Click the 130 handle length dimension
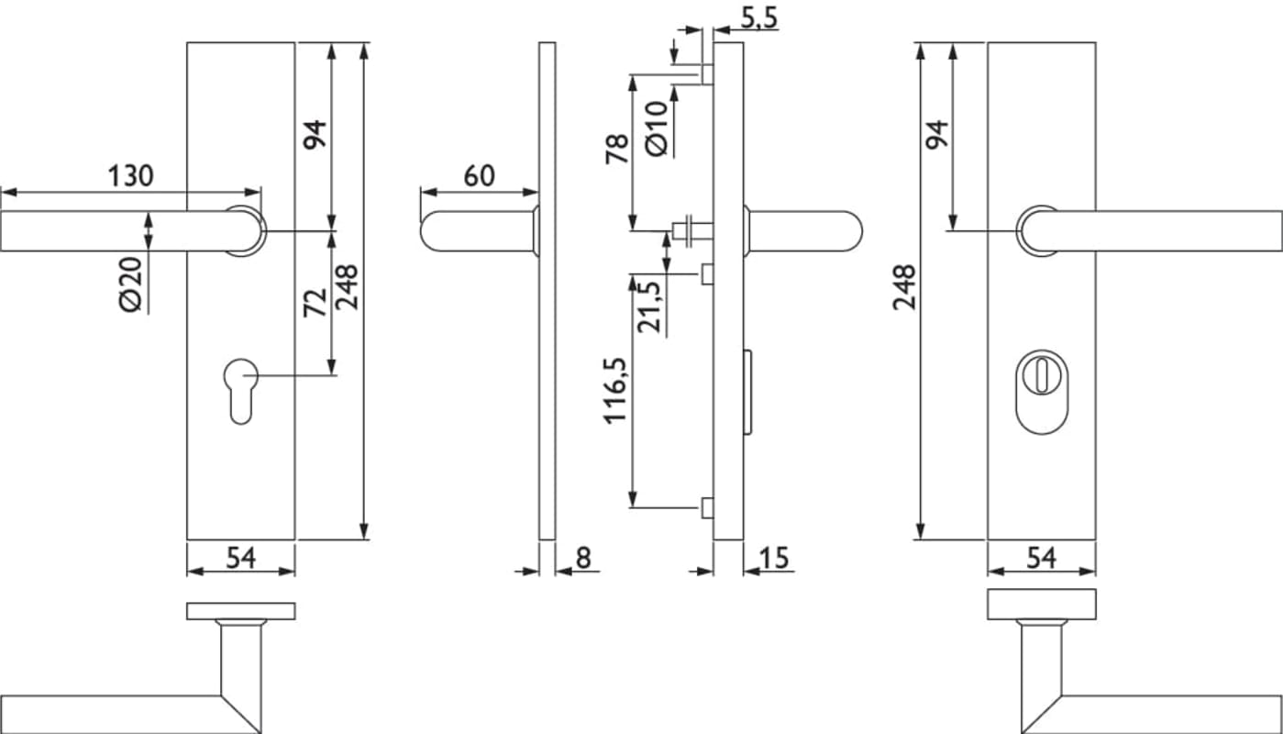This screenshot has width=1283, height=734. (131, 174)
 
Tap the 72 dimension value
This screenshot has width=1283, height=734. (315, 302)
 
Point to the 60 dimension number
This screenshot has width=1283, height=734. (479, 175)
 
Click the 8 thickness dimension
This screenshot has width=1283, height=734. (584, 557)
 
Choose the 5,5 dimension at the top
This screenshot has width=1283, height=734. (758, 17)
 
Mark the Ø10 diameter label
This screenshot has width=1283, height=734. (656, 128)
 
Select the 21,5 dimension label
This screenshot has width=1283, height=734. (647, 307)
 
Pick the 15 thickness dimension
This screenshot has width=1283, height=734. (775, 557)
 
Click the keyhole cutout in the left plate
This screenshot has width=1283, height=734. (240, 390)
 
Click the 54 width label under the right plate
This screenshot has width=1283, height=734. (1041, 557)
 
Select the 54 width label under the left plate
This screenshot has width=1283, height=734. (240, 557)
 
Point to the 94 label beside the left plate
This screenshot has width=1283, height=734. (315, 135)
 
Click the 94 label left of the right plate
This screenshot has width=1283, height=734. (936, 135)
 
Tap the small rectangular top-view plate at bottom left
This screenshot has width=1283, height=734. (241, 611)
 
